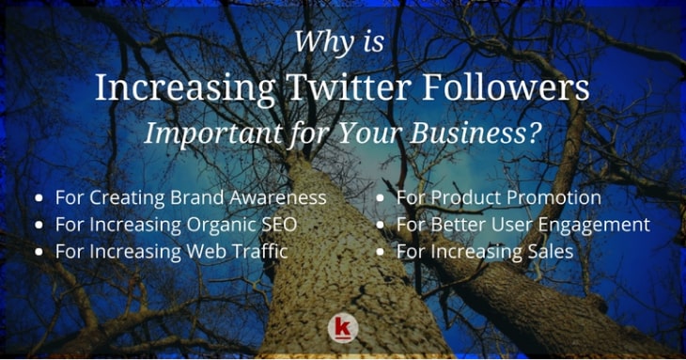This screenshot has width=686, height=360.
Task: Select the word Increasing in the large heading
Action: (x=174, y=89)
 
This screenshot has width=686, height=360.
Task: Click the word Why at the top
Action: (x=316, y=43)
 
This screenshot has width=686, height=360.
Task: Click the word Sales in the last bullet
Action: (x=550, y=252)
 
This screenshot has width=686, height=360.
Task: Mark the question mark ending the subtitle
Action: (x=536, y=133)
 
